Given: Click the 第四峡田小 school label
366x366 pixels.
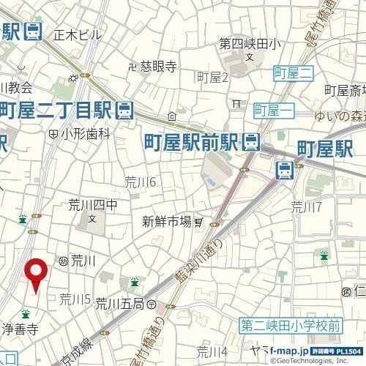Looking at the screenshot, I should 250,44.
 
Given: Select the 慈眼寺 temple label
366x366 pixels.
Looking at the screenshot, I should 160,66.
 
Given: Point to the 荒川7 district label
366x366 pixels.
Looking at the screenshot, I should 306,206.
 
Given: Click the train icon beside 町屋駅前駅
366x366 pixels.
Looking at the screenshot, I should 252,139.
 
